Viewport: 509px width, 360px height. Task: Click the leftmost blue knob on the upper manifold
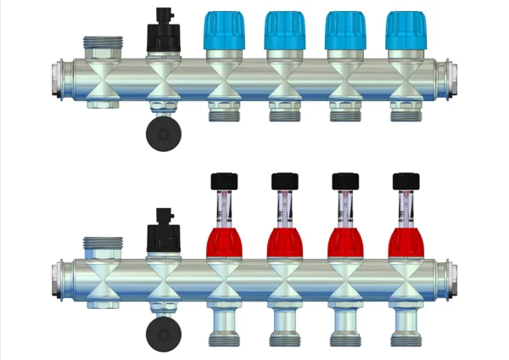[x=223, y=31]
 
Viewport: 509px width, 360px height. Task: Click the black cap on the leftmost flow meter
[x=223, y=180]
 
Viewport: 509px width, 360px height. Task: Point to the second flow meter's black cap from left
[x=283, y=180]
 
